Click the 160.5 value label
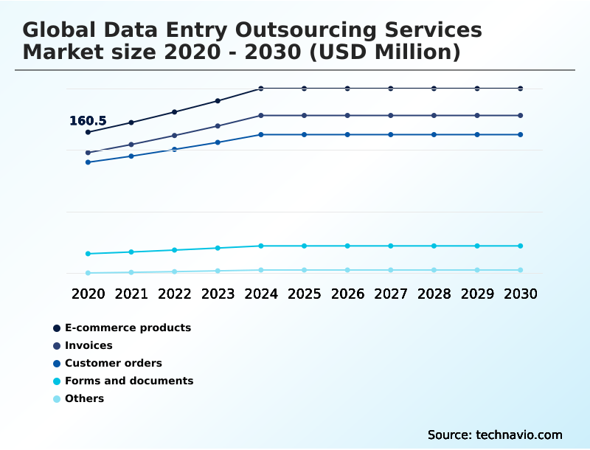tap(88, 121)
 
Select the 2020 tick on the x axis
tap(88, 294)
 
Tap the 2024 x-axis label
tap(261, 294)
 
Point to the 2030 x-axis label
tap(521, 294)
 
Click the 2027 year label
tap(391, 294)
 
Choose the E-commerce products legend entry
tap(128, 328)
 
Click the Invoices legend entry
tap(88, 345)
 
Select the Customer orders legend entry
tap(113, 363)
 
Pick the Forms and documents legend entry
tap(129, 381)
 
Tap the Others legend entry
tap(84, 398)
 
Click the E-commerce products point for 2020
tap(88, 132)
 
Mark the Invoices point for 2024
tap(261, 115)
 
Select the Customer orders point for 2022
tap(175, 149)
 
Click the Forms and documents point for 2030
tap(521, 246)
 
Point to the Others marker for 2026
tap(347, 270)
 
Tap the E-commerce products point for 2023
tap(218, 100)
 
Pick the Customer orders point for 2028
tap(434, 134)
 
